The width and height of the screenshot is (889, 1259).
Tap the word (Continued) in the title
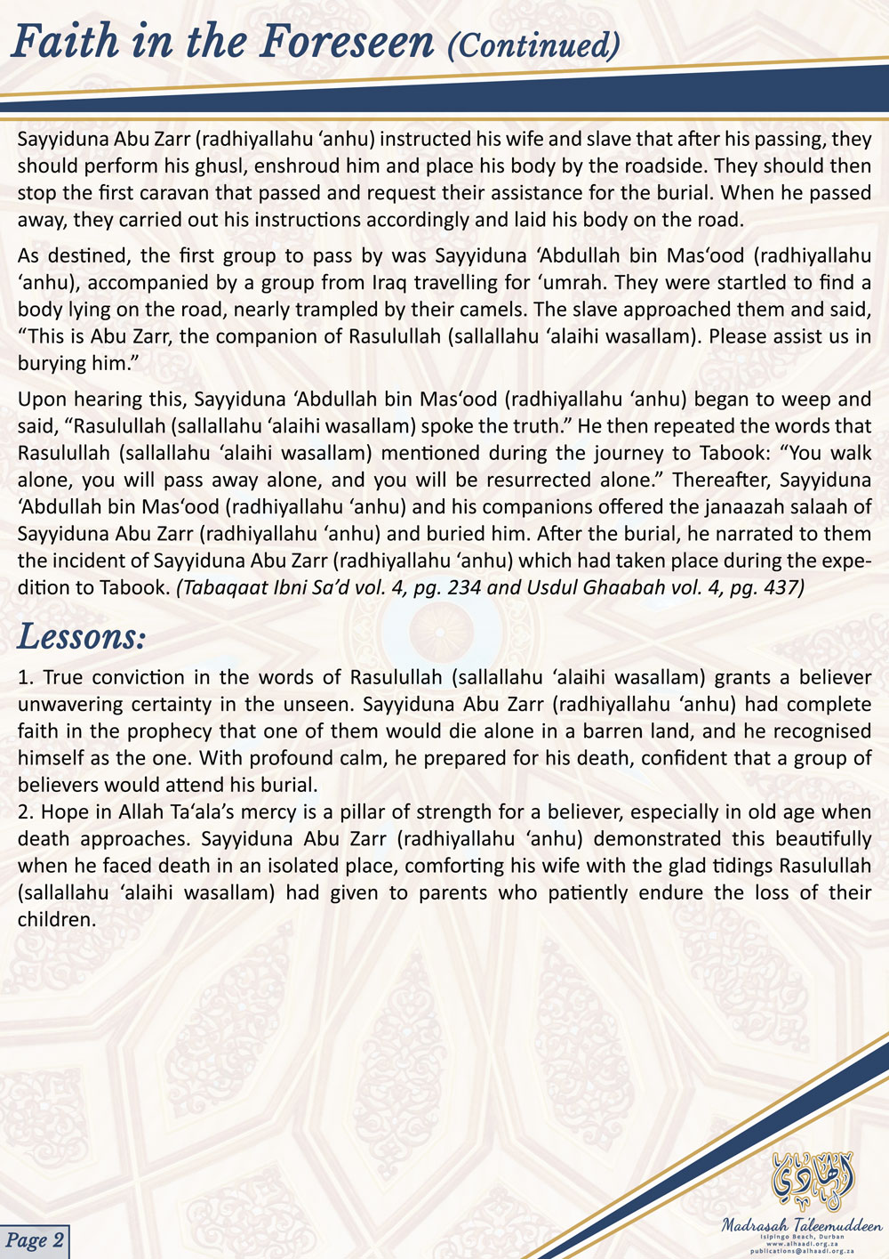(x=534, y=44)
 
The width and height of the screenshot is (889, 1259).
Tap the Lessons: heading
(x=81, y=637)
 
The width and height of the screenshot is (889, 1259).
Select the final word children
(x=56, y=919)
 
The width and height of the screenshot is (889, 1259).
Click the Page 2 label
(x=35, y=1240)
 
